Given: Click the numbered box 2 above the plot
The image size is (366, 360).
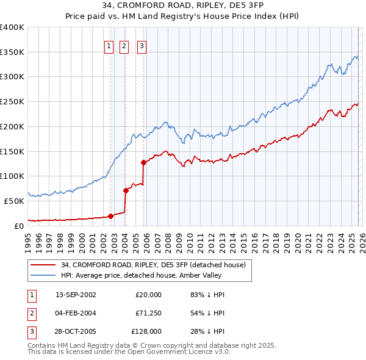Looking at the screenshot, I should [x=124, y=45].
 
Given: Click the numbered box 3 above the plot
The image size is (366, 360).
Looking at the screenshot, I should [x=142, y=45].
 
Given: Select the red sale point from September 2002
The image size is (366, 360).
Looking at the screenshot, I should [x=110, y=215].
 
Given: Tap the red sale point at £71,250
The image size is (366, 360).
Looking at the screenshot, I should [x=126, y=190].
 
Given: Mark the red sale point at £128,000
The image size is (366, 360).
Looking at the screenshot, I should [x=144, y=162].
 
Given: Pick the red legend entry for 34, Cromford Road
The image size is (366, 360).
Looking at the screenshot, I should [x=153, y=265].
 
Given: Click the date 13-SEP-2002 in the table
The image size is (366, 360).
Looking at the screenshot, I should [x=76, y=295].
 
